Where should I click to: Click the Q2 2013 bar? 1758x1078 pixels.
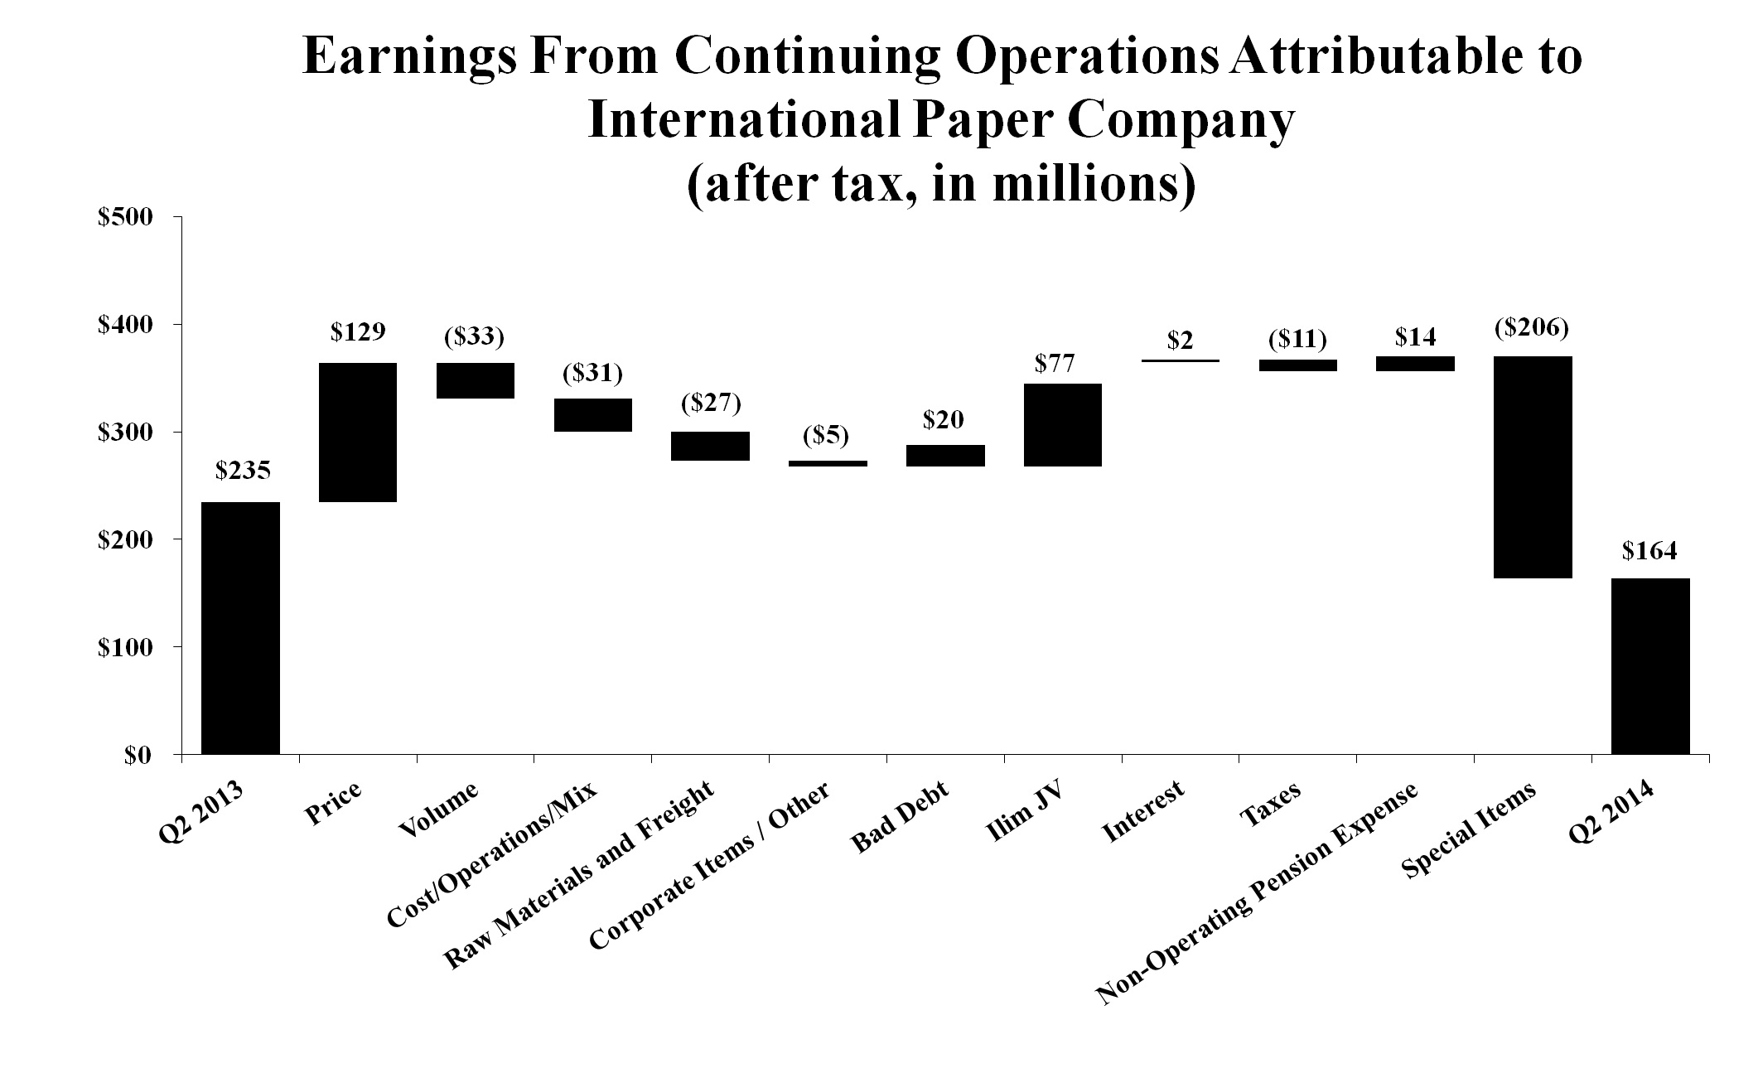(240, 627)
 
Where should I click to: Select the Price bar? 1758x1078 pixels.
(358, 432)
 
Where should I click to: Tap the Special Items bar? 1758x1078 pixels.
(1533, 466)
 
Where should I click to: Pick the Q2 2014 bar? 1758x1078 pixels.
(1650, 665)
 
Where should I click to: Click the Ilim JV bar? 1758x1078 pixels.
(1063, 424)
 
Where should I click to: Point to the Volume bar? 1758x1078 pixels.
(476, 380)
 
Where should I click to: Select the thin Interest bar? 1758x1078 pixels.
(1181, 360)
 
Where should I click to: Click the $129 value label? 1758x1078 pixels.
(358, 332)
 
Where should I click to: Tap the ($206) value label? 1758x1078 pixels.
(1532, 327)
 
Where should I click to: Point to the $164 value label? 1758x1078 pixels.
(1649, 550)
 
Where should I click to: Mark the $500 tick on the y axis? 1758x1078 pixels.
(125, 217)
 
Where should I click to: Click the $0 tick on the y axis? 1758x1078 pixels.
(137, 755)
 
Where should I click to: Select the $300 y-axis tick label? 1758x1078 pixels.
(125, 433)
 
